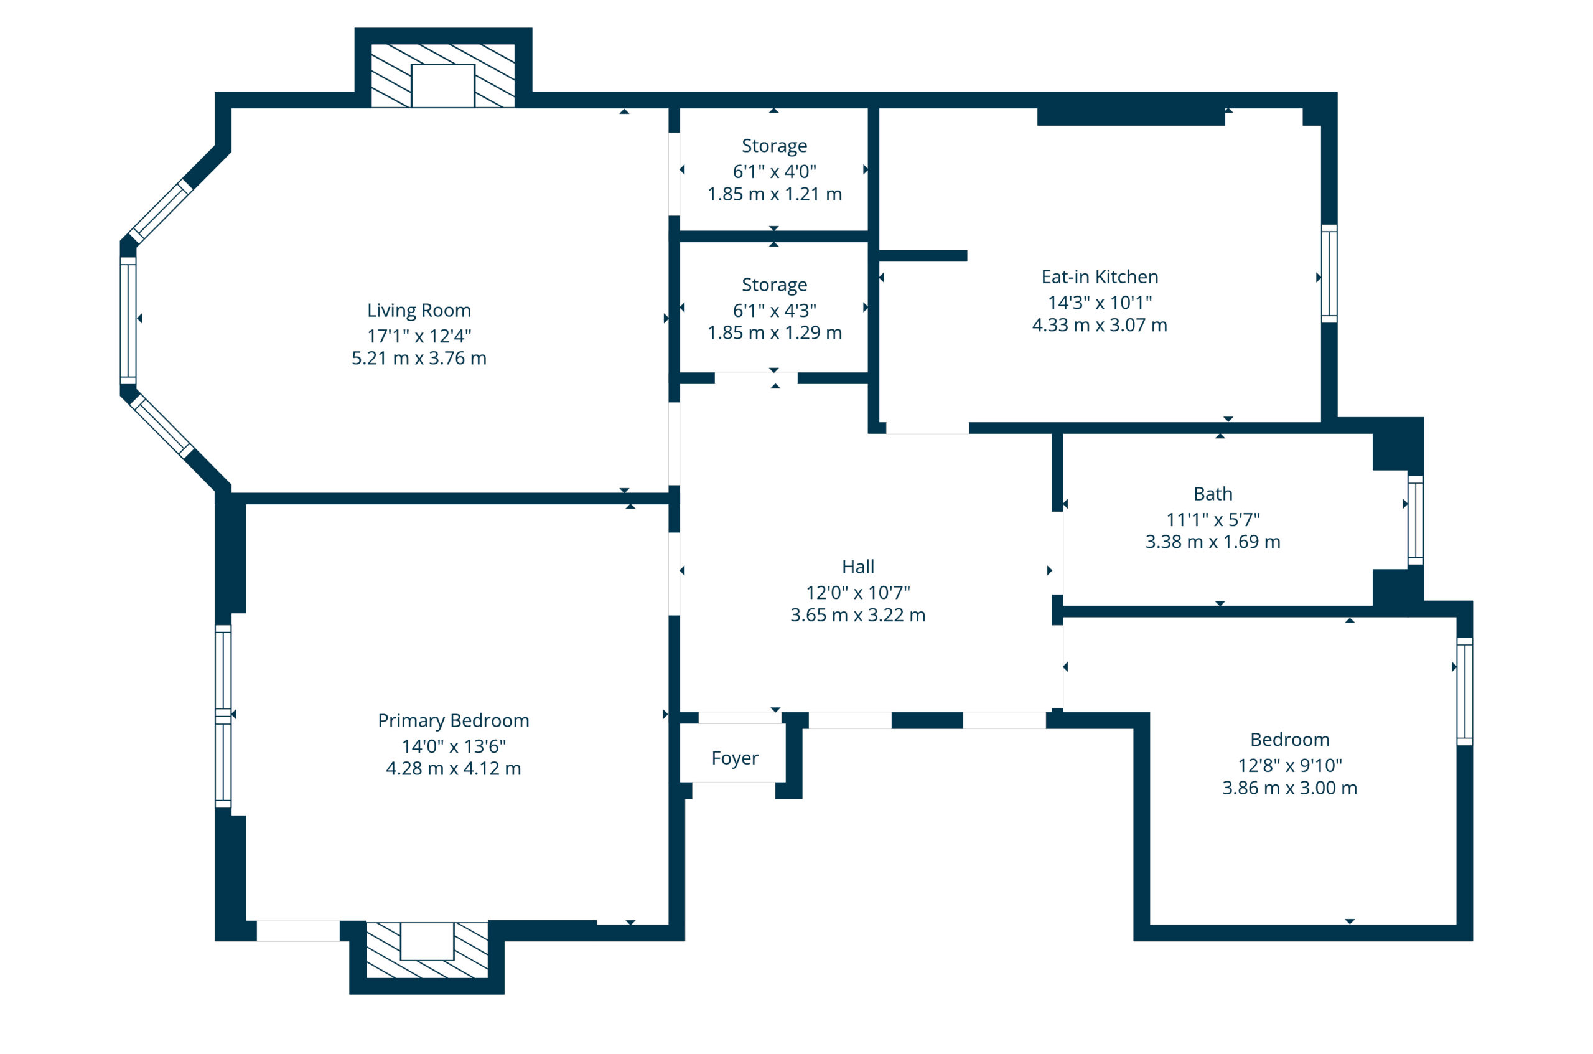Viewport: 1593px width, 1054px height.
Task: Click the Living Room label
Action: click(419, 311)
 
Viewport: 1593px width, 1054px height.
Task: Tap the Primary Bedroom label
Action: click(453, 720)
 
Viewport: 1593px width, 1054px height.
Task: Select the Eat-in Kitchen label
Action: click(1099, 277)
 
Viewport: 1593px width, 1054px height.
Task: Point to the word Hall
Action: click(858, 567)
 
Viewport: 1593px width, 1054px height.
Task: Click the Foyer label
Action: click(734, 758)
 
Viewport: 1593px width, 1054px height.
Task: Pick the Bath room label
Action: click(1213, 494)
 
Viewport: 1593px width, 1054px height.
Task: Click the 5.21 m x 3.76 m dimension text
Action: click(419, 358)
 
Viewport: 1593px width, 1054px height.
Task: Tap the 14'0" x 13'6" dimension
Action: click(454, 746)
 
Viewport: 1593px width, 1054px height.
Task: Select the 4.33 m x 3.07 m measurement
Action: click(1099, 326)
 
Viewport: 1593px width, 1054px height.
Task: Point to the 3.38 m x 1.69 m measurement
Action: click(1213, 542)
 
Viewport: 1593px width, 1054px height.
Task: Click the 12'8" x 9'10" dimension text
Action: click(1289, 765)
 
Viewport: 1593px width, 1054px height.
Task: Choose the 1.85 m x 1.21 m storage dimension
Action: click(774, 194)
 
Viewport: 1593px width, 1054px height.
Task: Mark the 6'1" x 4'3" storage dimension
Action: click(774, 311)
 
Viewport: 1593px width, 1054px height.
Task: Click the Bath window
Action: click(1416, 520)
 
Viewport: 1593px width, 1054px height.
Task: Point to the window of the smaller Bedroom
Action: click(1465, 692)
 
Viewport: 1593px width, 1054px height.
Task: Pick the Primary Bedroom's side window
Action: click(223, 717)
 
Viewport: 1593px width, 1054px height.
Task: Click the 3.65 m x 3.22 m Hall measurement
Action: click(858, 615)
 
